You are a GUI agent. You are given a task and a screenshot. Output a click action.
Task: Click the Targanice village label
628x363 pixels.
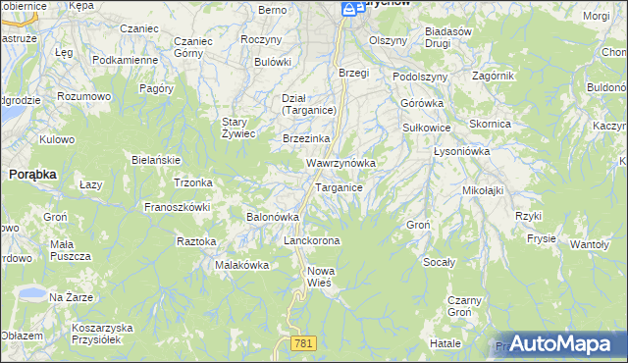340,186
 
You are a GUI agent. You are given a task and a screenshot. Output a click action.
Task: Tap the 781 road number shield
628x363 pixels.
304,341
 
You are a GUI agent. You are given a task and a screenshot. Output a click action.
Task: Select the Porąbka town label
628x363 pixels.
32,173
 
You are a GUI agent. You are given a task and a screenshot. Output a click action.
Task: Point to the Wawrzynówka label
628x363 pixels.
341,162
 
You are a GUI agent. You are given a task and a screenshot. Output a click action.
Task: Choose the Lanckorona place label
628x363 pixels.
311,240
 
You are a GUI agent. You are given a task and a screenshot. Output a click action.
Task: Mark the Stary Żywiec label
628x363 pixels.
238,128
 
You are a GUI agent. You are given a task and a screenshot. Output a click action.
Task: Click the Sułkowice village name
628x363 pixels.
426,128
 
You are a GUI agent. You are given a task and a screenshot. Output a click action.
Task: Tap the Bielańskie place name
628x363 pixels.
155,159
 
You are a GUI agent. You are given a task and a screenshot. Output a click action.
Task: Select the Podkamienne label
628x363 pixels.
125,60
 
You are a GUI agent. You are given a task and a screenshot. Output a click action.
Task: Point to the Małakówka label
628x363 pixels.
241,265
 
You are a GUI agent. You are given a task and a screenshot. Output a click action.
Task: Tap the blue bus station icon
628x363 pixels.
349,8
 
